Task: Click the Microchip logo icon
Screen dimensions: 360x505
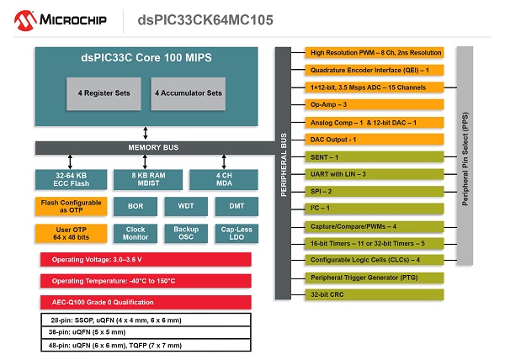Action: (19, 18)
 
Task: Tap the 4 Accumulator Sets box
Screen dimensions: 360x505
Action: (189, 93)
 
